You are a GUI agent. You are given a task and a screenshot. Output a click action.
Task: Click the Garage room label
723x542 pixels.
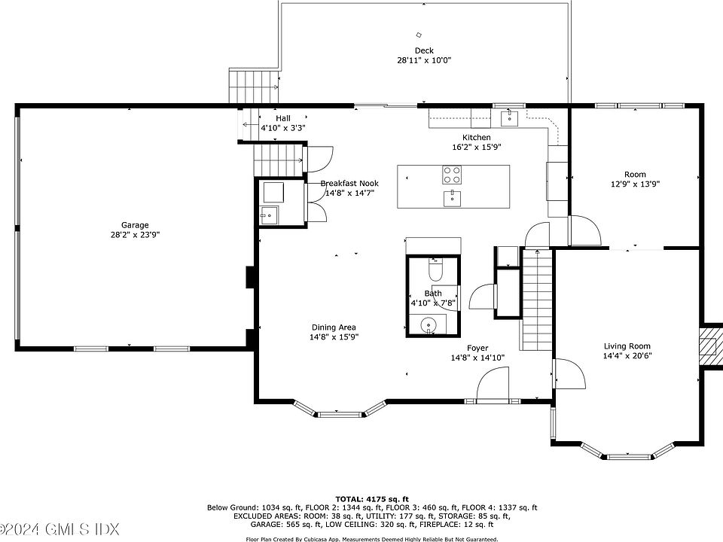[135, 225]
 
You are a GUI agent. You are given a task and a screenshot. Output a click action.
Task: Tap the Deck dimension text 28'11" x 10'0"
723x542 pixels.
[424, 60]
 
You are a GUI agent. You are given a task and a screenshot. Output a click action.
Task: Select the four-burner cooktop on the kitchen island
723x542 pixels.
[452, 175]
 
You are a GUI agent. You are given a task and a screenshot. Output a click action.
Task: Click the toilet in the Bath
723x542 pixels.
[435, 269]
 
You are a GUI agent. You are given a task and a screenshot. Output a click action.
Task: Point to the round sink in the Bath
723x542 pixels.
[429, 324]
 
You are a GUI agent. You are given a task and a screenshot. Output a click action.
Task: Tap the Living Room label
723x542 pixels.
[627, 346]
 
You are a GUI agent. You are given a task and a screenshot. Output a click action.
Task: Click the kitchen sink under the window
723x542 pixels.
[510, 117]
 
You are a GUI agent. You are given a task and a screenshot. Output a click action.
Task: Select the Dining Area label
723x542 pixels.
[334, 327]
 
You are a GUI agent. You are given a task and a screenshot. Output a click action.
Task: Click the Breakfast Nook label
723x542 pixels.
[349, 183]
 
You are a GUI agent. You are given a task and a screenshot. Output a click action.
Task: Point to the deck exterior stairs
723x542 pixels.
[254, 87]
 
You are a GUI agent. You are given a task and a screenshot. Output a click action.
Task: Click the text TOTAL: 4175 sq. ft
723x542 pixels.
[371, 498]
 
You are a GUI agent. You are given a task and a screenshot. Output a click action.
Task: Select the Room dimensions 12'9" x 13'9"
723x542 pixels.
[635, 184]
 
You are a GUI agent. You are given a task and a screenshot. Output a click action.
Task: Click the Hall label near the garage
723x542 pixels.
[283, 118]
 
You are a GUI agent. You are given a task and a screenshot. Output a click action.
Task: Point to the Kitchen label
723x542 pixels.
[476, 137]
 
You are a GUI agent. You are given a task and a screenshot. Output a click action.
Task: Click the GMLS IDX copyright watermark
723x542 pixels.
[60, 528]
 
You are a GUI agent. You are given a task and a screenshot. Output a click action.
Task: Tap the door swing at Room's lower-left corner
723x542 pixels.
[586, 230]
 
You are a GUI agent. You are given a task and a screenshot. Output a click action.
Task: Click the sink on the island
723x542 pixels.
[452, 198]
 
